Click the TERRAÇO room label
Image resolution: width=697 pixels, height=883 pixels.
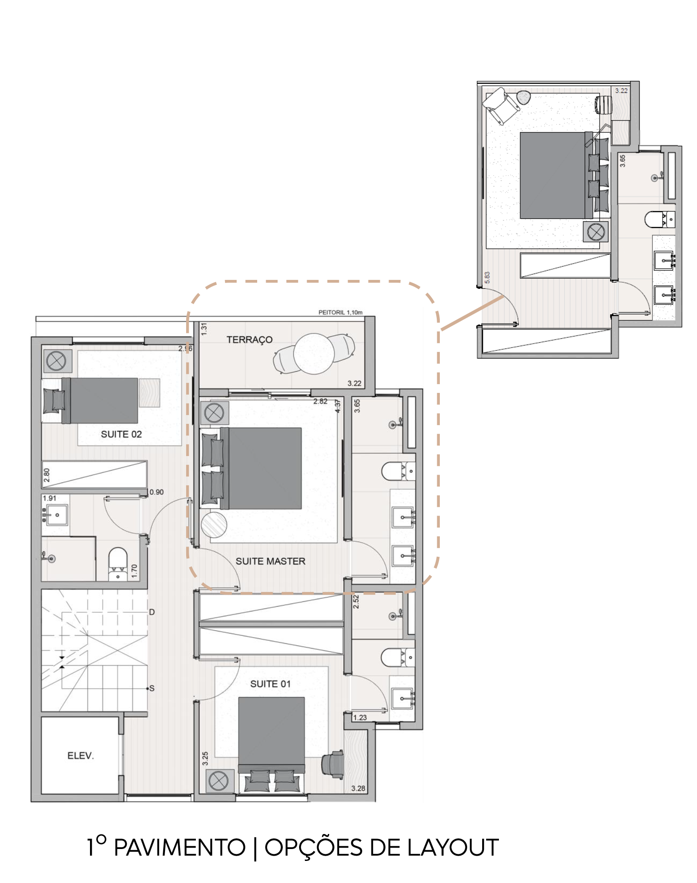point(249,340)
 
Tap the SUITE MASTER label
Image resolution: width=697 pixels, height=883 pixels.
point(270,561)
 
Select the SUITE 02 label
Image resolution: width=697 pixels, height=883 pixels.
point(121,434)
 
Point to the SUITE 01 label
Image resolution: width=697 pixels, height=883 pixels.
point(270,684)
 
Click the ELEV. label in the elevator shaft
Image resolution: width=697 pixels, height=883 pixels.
point(81,755)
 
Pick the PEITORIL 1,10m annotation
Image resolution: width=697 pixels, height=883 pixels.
point(341,312)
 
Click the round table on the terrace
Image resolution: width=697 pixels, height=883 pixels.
point(314,354)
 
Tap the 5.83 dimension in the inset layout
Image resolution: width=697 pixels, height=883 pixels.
point(487,277)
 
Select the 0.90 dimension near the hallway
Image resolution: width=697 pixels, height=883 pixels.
point(157,492)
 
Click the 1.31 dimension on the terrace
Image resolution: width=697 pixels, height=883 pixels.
point(204,329)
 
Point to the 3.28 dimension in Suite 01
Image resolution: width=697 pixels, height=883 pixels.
point(358,788)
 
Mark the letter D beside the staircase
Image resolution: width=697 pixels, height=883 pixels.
point(152,612)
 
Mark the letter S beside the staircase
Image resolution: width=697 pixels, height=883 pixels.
point(152,688)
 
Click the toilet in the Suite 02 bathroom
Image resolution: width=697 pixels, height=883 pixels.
point(118,564)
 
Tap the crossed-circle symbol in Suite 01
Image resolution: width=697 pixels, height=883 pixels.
point(218,781)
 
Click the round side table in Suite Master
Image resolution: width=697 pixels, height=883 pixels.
point(214,525)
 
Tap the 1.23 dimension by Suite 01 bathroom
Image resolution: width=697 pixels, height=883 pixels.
point(360,717)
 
